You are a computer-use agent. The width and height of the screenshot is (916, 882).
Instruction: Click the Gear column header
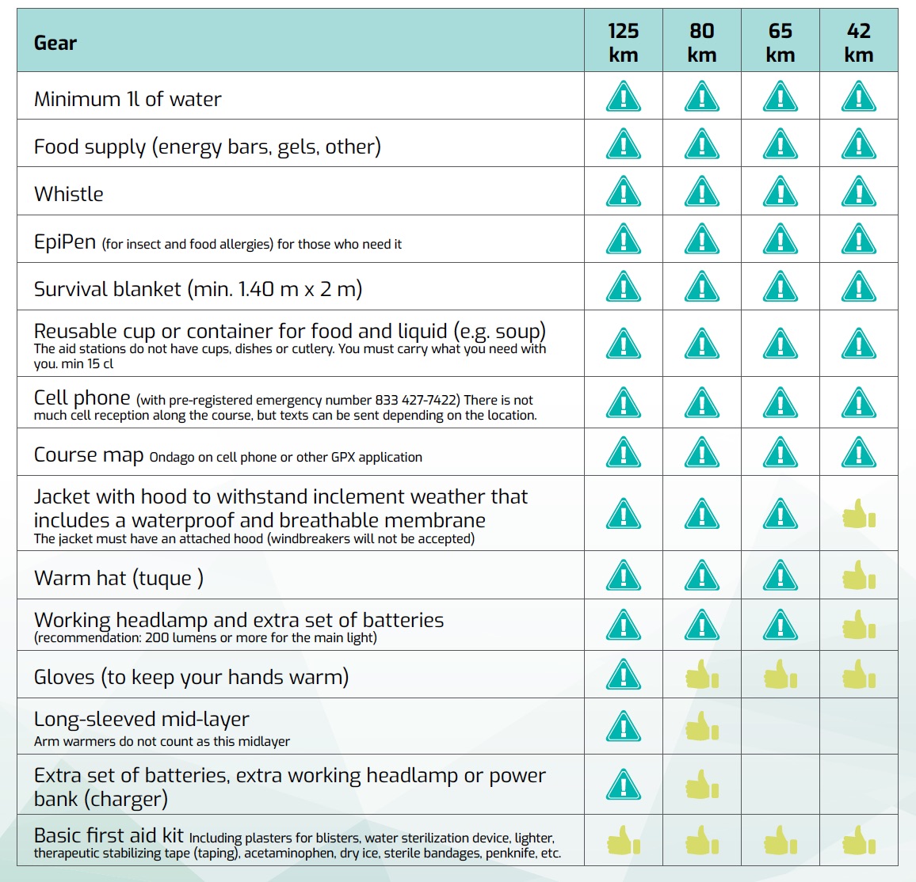[55, 43]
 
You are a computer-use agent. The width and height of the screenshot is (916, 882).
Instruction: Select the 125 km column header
[623, 43]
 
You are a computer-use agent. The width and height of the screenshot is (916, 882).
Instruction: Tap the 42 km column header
[859, 43]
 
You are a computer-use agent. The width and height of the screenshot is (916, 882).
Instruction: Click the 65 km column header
[780, 43]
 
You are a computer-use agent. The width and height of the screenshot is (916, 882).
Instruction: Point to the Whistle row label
[69, 194]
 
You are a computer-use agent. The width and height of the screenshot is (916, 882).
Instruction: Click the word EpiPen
[65, 241]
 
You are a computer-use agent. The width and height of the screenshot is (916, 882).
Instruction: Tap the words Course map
[89, 455]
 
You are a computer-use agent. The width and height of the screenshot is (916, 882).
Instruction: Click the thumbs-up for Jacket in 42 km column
[858, 514]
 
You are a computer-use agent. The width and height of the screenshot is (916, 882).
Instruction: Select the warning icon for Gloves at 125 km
[623, 675]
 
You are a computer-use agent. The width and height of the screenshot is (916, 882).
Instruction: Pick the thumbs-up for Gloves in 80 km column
[701, 675]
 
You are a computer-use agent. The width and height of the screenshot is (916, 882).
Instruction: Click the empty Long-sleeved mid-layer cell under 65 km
[780, 726]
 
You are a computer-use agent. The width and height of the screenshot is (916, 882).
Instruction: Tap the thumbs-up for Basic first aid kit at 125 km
[623, 841]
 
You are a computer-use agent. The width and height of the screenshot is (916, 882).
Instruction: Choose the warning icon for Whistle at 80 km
[701, 192]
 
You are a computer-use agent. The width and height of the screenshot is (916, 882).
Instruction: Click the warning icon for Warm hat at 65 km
[780, 576]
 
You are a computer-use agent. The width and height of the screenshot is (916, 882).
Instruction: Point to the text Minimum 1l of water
[128, 99]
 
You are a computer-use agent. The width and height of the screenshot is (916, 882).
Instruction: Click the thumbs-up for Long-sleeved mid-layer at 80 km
[701, 726]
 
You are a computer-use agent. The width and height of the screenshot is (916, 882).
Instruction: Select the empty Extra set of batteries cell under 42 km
[859, 785]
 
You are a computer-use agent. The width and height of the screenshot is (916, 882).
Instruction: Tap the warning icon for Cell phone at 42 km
[859, 403]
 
